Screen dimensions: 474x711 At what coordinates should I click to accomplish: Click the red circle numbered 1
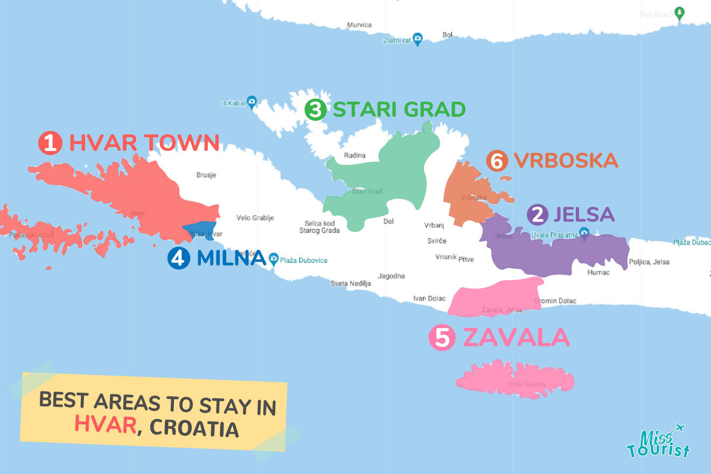pyautogui.click(x=50, y=144)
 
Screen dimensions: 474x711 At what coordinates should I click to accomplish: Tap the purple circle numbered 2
pyautogui.click(x=537, y=215)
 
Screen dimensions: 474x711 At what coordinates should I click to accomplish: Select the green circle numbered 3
pyautogui.click(x=315, y=110)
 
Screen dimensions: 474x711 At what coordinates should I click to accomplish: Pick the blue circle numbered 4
pyautogui.click(x=179, y=258)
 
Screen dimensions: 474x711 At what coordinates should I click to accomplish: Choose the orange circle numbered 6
pyautogui.click(x=497, y=161)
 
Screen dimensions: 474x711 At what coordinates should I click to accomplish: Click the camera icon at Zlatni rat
pyautogui.click(x=417, y=38)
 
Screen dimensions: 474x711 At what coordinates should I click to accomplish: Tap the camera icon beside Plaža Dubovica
pyautogui.click(x=274, y=259)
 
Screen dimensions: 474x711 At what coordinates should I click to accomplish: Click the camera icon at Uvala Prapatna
pyautogui.click(x=584, y=232)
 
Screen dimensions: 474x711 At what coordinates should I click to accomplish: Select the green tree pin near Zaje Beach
pyautogui.click(x=680, y=13)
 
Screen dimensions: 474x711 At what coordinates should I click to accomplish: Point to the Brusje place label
pyautogui.click(x=206, y=175)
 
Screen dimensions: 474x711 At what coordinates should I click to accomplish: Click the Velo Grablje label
pyautogui.click(x=255, y=218)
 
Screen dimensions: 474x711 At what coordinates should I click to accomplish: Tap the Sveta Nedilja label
pyautogui.click(x=351, y=283)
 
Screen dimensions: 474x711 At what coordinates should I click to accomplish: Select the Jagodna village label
pyautogui.click(x=391, y=276)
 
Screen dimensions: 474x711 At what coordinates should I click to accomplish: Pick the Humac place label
pyautogui.click(x=598, y=273)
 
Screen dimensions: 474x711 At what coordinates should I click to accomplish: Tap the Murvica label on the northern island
pyautogui.click(x=359, y=25)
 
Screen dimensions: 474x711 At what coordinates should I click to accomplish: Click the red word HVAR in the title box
pyautogui.click(x=105, y=424)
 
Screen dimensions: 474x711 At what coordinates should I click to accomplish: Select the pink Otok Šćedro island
pyautogui.click(x=514, y=379)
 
